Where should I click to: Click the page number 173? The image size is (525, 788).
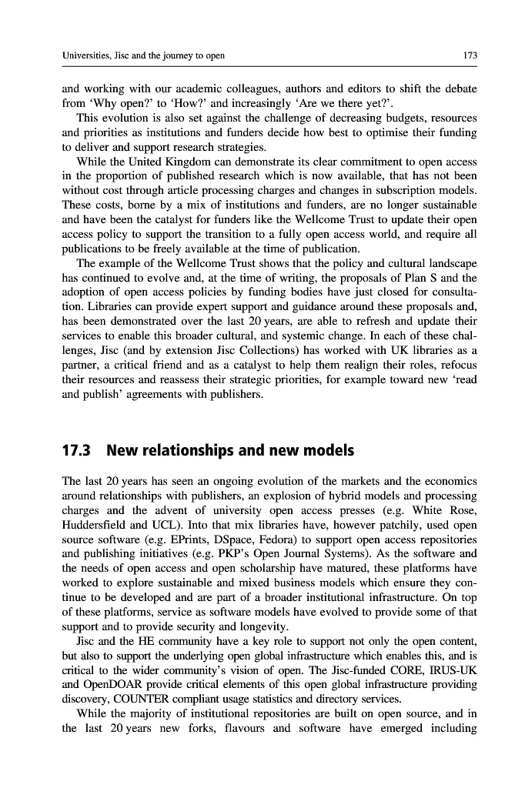tap(470, 55)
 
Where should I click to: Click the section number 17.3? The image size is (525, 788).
tap(78, 449)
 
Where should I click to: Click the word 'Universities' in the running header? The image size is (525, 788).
tap(89, 55)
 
